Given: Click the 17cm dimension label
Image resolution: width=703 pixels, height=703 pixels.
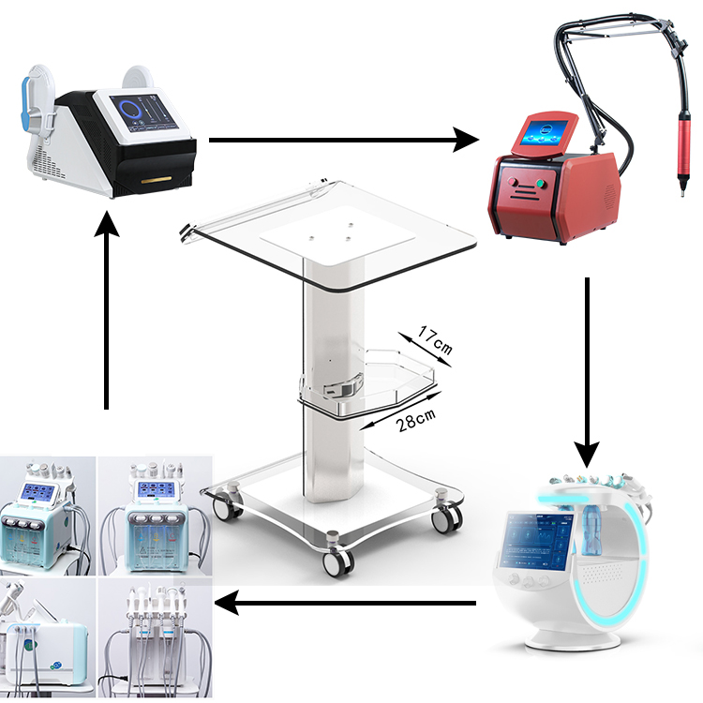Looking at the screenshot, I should point(434,341).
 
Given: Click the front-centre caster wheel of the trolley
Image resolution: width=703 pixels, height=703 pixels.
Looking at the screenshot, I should point(337,561).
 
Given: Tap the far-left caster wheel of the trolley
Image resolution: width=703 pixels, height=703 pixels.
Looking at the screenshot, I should point(222,507).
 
